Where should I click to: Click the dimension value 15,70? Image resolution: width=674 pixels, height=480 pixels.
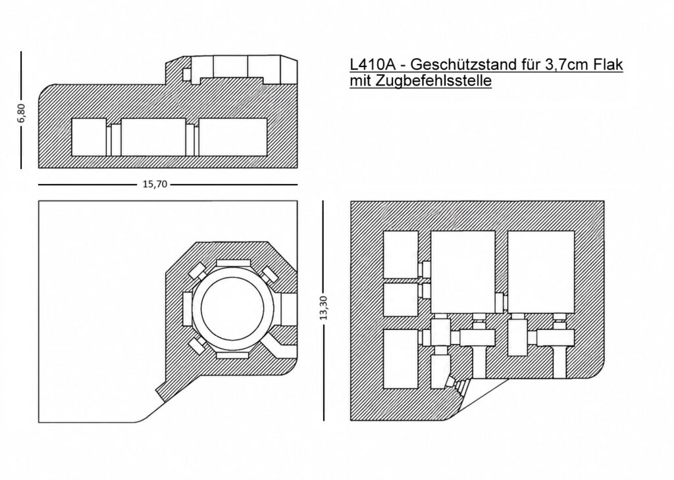(x=155, y=185)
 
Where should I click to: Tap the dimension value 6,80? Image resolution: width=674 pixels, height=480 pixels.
(x=22, y=113)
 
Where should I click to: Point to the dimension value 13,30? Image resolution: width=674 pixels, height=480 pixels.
(x=324, y=308)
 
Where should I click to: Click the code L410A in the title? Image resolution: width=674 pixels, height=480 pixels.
(x=373, y=64)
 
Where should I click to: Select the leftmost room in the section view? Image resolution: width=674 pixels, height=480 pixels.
(x=89, y=137)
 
